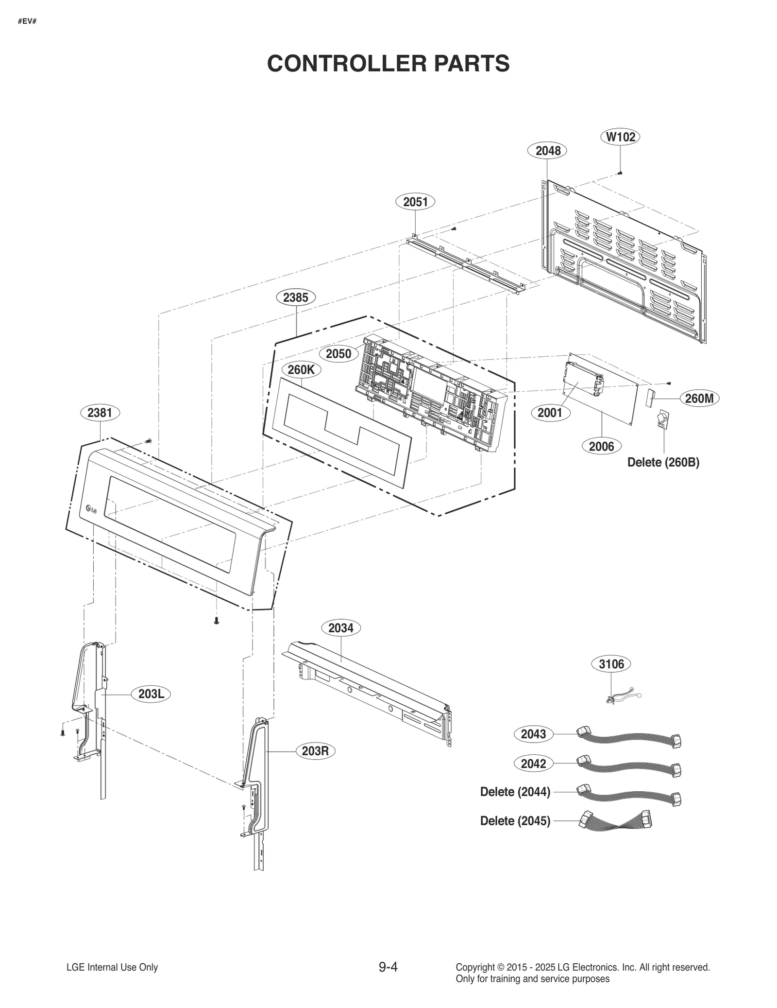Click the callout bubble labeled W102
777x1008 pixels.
coord(621,137)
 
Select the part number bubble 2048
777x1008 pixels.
coord(548,151)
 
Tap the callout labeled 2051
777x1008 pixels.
coord(415,201)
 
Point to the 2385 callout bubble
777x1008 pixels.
coord(295,297)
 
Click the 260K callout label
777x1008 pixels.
coord(301,370)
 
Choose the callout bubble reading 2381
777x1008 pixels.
coord(100,413)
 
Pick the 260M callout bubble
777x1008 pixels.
coord(699,399)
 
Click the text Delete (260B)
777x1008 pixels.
coord(663,462)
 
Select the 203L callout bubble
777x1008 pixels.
coord(151,694)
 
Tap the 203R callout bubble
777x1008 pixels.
coord(315,751)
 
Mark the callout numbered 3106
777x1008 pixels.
coord(611,664)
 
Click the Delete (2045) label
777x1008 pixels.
coord(515,821)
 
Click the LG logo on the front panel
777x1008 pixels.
coord(91,509)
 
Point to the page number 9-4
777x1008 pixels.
coord(388,967)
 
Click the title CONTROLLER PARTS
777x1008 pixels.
coord(388,63)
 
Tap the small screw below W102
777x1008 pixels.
coord(620,173)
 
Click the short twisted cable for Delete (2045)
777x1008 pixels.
coord(615,821)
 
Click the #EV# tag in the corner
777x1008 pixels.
coord(27,22)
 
